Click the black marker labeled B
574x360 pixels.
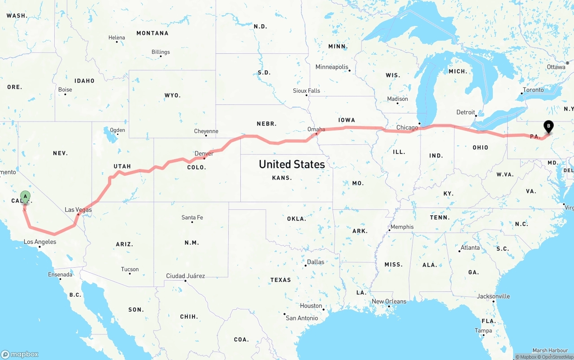coord(548,126)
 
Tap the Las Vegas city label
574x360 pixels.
coord(78,210)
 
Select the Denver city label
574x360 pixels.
coord(204,154)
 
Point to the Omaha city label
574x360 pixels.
coord(316,129)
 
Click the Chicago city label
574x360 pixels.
coord(407,128)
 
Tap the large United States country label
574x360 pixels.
coord(291,165)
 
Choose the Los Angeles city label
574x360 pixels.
coord(40,242)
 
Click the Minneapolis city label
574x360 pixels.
coord(332,67)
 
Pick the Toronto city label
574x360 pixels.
coord(533,90)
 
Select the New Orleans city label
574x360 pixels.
coord(389,301)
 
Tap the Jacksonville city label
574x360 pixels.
coord(493,296)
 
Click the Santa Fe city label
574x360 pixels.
coord(192,218)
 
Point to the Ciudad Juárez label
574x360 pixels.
coord(185,276)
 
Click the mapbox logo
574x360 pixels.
coord(20,354)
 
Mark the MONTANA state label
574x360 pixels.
coord(152,33)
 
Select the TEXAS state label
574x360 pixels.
coord(280,280)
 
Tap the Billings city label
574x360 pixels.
coord(161,52)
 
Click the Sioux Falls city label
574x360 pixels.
coord(307,91)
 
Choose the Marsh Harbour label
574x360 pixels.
coord(550,351)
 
